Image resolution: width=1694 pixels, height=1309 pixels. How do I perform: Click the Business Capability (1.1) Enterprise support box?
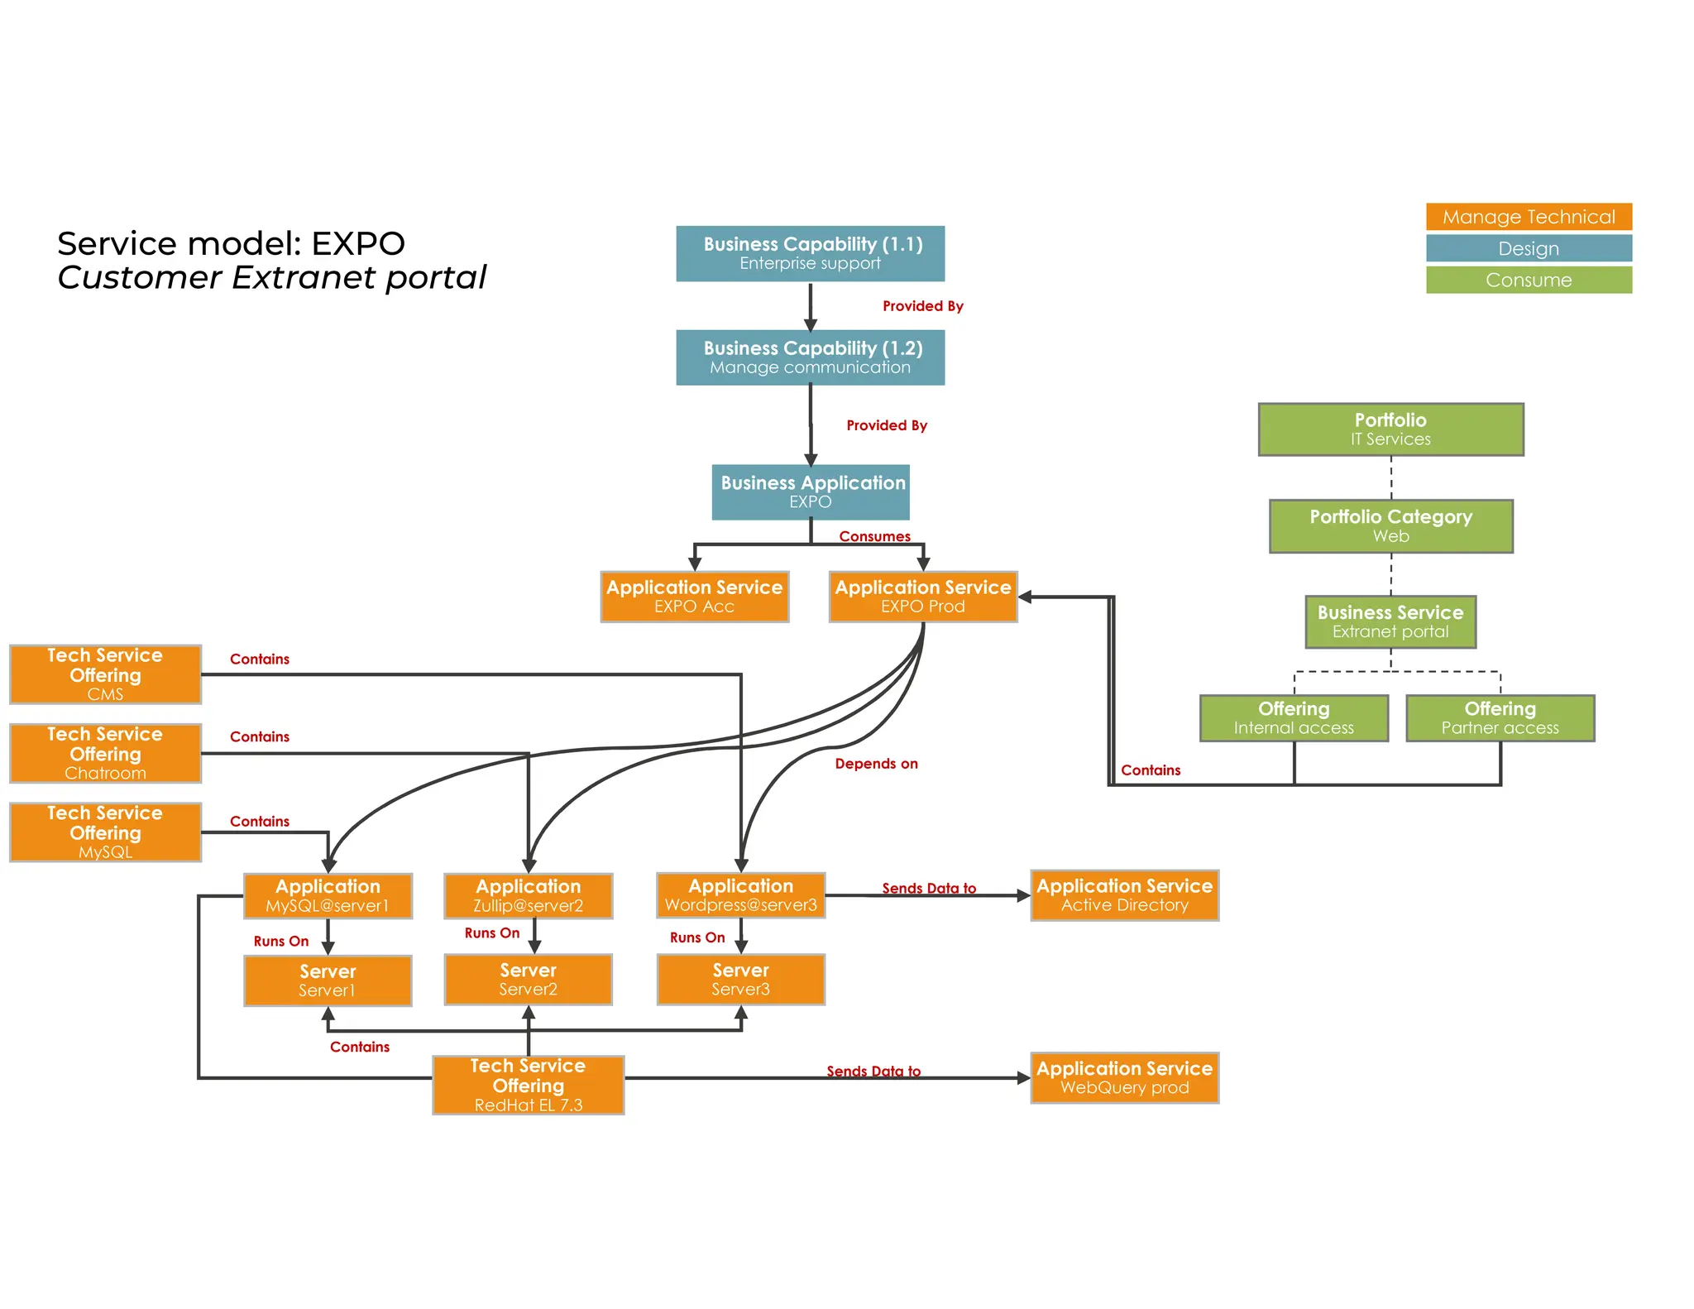810,253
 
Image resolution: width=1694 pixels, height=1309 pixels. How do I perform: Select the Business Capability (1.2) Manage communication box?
810,357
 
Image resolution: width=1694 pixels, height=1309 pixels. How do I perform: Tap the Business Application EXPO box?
811,491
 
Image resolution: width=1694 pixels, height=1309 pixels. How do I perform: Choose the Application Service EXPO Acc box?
694,597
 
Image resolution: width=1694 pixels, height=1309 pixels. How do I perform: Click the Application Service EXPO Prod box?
922,597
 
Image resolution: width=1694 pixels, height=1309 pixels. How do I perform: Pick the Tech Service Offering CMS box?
105,674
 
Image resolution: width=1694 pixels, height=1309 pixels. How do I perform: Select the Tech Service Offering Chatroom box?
105,753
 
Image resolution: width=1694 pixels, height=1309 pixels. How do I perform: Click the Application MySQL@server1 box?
328,896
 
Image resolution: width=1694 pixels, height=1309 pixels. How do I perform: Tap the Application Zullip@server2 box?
528,896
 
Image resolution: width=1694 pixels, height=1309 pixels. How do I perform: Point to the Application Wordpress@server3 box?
740,895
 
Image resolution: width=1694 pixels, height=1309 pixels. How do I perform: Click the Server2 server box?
528,980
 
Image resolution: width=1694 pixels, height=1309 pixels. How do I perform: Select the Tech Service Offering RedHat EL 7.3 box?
528,1085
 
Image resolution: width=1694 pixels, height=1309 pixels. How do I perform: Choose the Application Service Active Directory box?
1124,895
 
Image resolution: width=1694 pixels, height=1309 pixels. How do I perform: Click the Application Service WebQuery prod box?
1124,1077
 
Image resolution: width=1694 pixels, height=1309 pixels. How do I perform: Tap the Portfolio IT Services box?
1390,429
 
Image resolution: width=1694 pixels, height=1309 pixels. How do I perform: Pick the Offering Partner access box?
1500,718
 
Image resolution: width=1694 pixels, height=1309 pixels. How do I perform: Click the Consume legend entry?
1528,280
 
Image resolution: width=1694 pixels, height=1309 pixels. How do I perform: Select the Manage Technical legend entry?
1528,217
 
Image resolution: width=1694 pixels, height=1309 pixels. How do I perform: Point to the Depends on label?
876,764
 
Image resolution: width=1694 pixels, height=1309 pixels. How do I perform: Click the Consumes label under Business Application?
874,536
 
